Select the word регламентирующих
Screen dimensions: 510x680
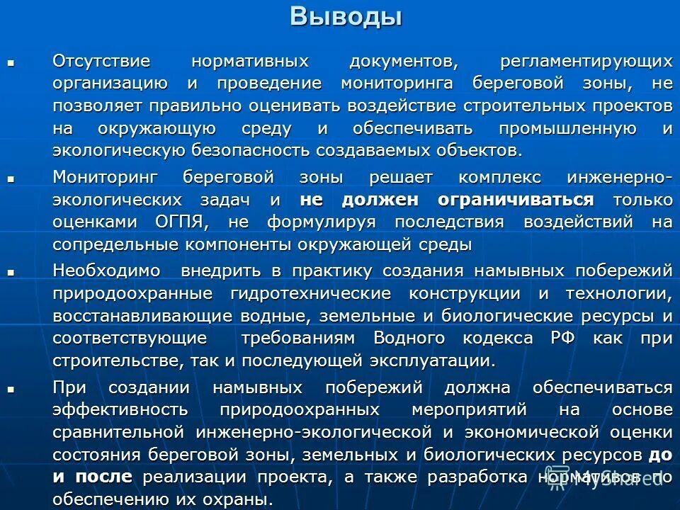click(x=586, y=62)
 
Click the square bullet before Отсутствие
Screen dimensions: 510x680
click(x=11, y=63)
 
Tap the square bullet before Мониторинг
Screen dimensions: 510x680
click(x=11, y=178)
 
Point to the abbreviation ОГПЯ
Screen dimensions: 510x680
click(x=181, y=222)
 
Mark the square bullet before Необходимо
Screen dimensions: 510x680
click(x=11, y=271)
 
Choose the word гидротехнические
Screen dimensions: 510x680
click(x=310, y=293)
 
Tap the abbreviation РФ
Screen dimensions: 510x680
click(x=562, y=338)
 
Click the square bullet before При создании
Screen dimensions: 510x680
click(x=11, y=388)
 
